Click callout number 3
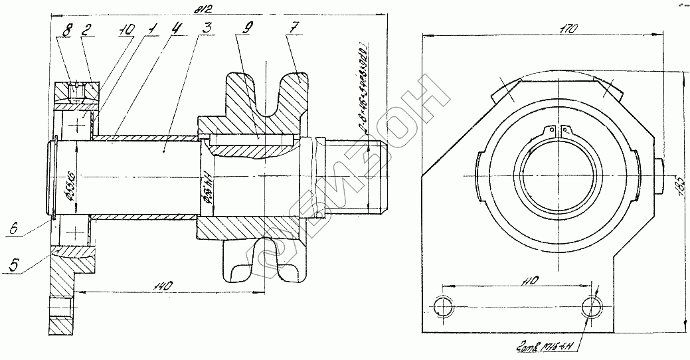[208, 29]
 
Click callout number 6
[13, 228]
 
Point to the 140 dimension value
[165, 286]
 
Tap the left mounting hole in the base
[442, 306]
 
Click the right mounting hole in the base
[591, 306]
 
